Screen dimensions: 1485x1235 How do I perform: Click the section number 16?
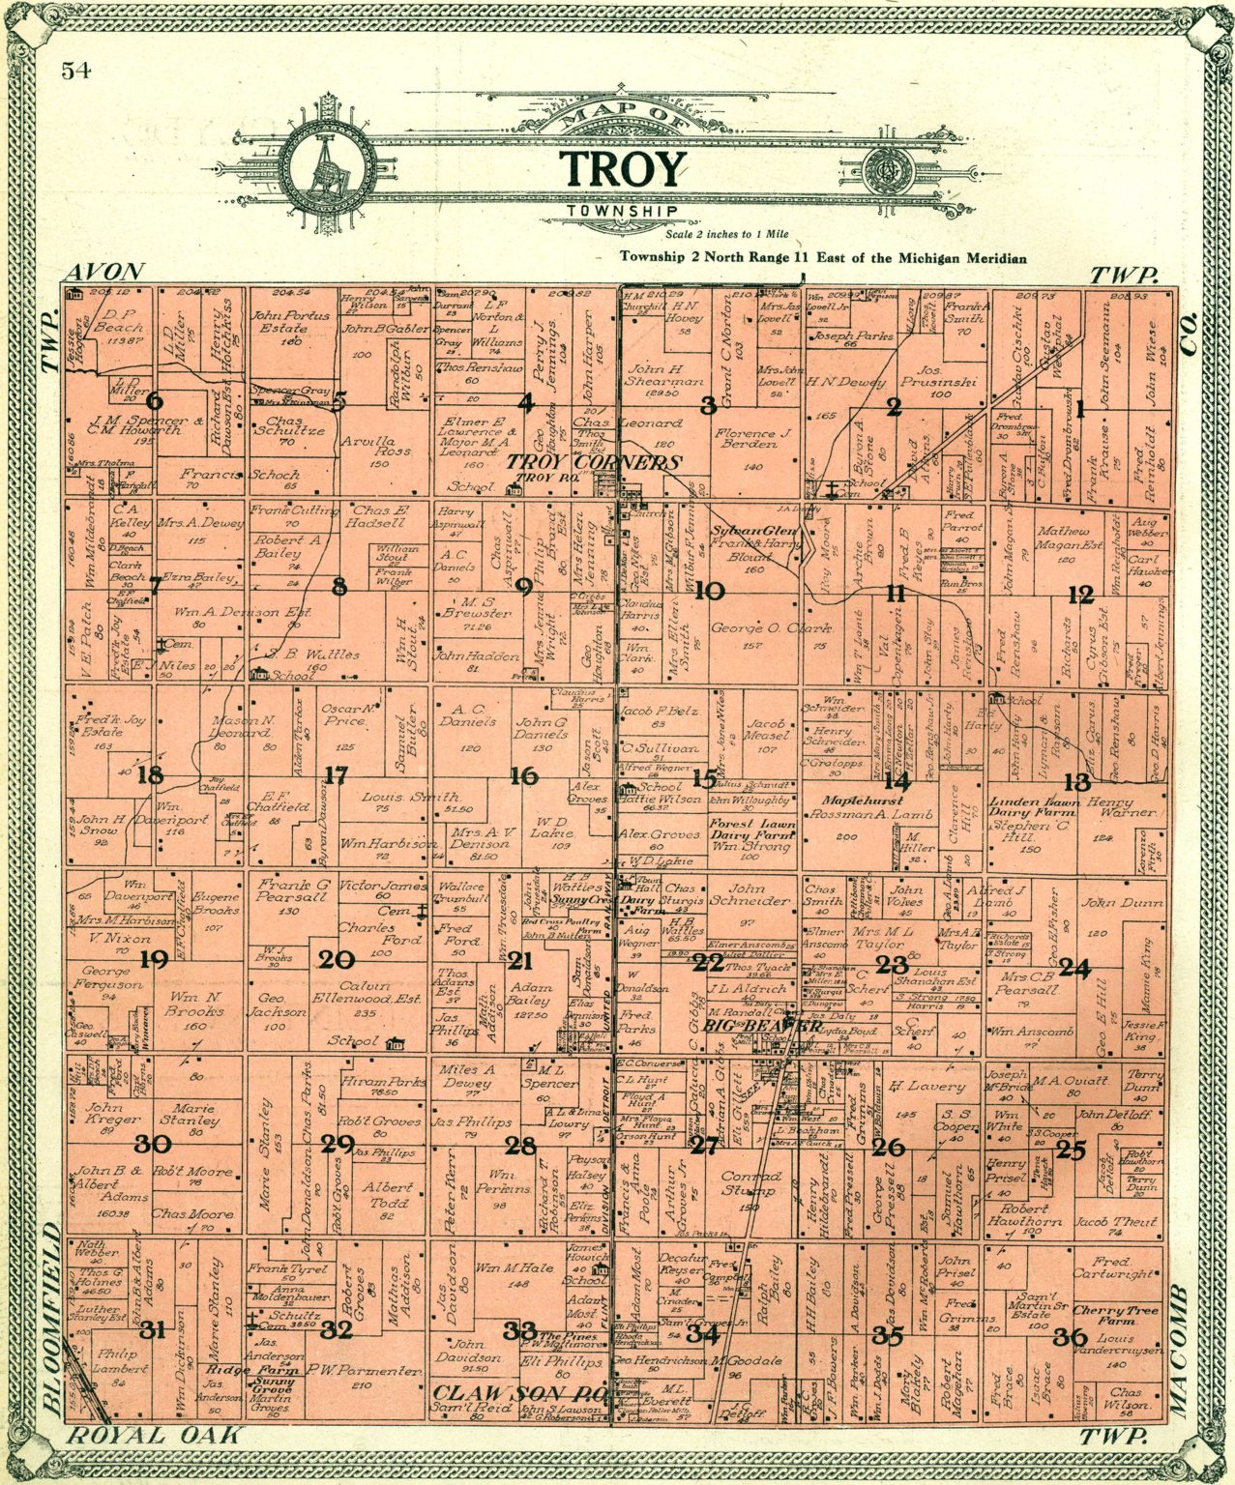523,775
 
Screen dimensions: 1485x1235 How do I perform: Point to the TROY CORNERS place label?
595,463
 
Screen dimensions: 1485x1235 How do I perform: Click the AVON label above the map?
106,272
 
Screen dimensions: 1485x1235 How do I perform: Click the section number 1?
1079,409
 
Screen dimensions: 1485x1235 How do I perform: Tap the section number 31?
152,1329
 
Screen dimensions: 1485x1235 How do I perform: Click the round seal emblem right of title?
886,173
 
